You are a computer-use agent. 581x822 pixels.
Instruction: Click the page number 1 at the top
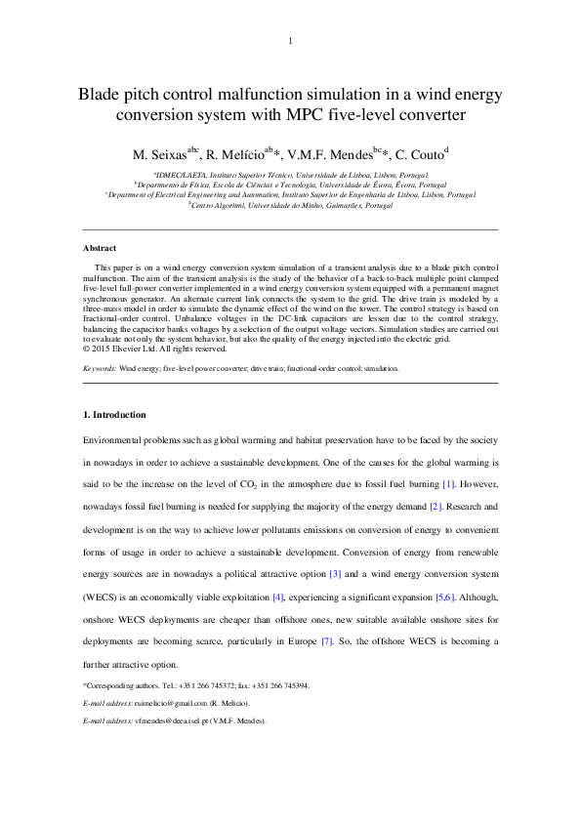tap(290, 41)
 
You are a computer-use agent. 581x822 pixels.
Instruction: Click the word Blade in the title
tap(102, 96)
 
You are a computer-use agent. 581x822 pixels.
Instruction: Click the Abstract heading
tap(100, 249)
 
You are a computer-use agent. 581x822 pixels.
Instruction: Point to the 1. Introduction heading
tap(114, 415)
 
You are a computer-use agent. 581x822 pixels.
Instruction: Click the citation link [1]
tap(448, 484)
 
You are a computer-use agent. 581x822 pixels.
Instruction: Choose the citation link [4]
tap(277, 596)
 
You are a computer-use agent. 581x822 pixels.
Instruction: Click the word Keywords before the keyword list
tap(99, 369)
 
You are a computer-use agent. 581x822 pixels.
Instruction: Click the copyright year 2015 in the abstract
tap(103, 349)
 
